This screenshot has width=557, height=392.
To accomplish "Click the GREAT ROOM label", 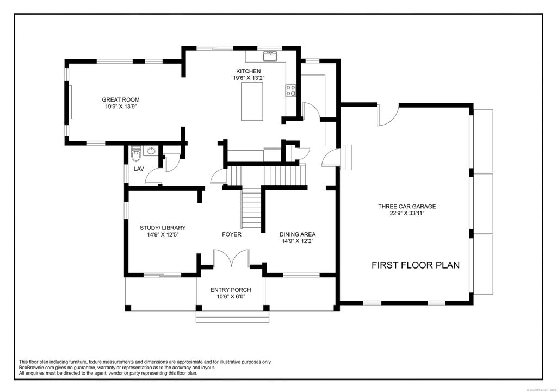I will [121, 99].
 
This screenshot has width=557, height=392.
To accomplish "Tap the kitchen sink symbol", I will [270, 55].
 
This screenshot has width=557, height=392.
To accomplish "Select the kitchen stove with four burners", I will [291, 90].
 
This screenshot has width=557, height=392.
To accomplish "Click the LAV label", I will [139, 169].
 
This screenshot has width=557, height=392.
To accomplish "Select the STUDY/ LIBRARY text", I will [163, 228].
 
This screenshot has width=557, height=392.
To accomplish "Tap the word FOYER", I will [231, 234].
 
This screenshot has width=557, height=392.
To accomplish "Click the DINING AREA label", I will [298, 234].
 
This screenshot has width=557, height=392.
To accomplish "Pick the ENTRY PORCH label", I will [231, 290].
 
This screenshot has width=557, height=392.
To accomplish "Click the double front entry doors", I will [231, 258].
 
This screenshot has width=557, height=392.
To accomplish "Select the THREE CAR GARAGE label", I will [407, 206].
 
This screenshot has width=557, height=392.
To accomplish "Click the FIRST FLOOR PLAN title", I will [416, 265].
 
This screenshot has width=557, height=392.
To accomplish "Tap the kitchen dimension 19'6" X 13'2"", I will [248, 78].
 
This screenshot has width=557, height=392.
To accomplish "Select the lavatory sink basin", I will [151, 151].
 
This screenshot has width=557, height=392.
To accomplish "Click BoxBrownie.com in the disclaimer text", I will [38, 368].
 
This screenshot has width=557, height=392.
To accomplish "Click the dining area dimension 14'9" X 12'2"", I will [298, 241].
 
